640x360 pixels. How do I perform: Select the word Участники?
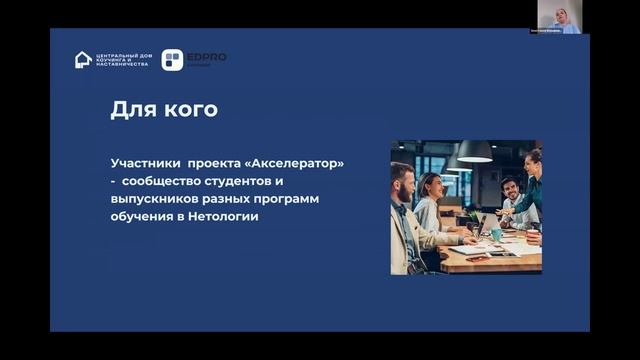click(143, 162)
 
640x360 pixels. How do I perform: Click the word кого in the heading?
click(192, 109)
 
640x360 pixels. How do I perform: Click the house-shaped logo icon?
click(83, 60)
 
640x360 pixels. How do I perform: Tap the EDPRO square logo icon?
click(172, 60)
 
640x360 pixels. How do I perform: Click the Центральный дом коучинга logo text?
click(121, 60)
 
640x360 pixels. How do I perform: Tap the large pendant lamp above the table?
click(475, 153)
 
